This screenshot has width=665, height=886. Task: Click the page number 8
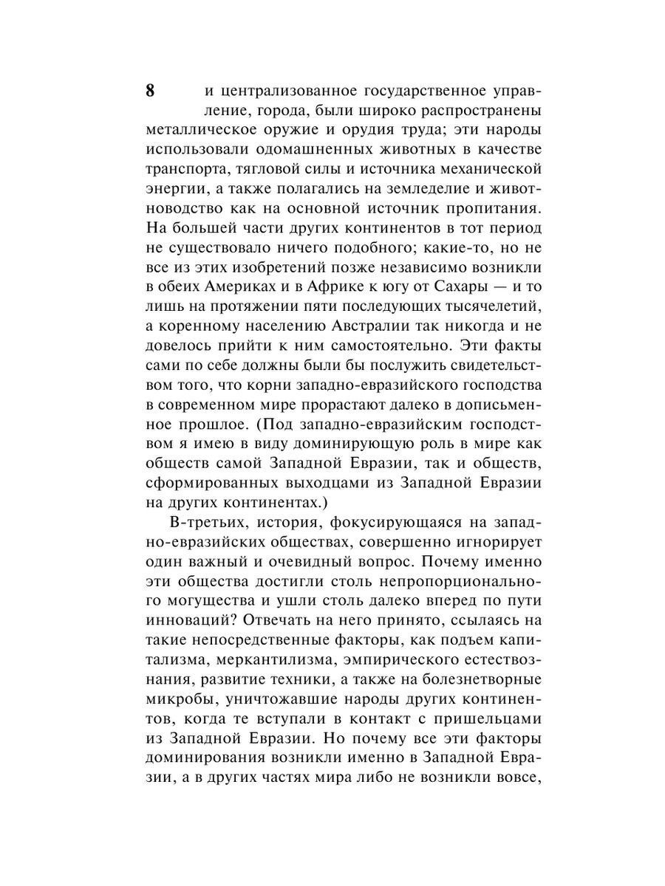[x=150, y=92]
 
